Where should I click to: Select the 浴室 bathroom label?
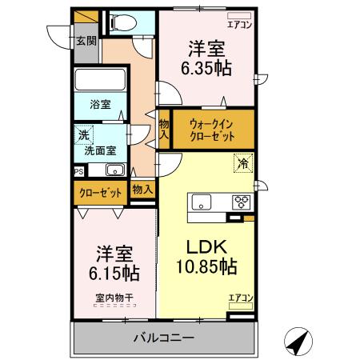99,104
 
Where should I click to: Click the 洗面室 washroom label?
100,149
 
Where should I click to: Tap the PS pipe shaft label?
78,170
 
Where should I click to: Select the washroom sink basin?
114,170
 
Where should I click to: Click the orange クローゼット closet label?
100,192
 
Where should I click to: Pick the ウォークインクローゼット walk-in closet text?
212,130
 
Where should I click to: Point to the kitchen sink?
200,201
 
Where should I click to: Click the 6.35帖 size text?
206,68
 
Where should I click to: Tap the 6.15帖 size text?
114,273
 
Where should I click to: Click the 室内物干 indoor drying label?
114,298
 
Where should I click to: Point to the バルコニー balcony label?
163,338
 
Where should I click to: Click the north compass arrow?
298,342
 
